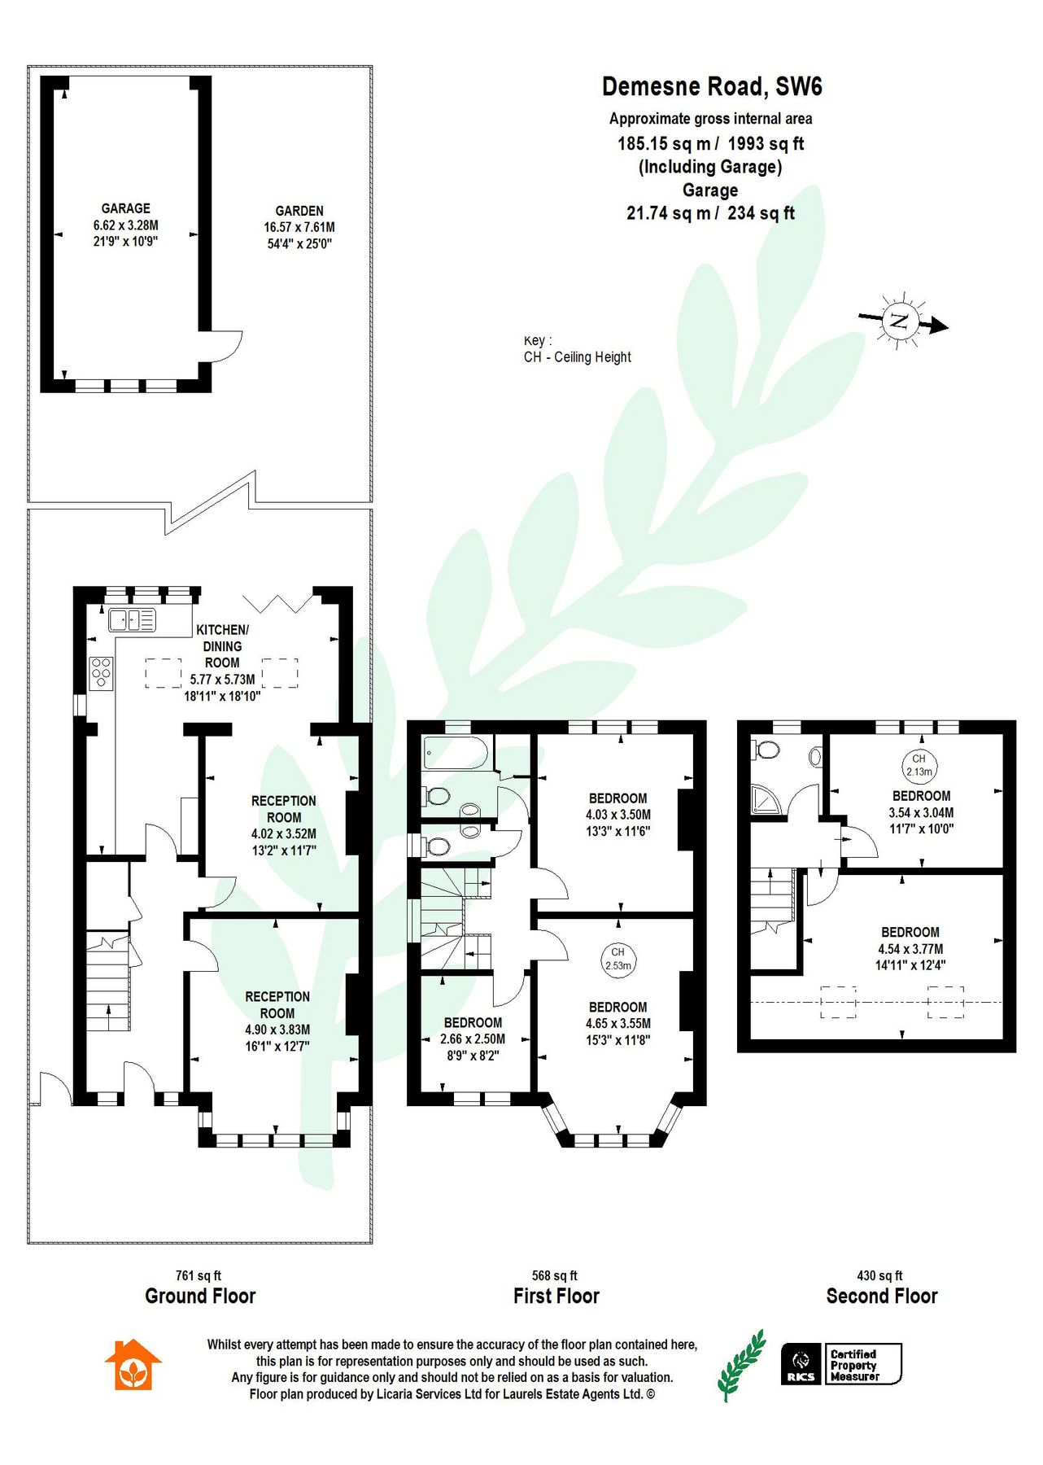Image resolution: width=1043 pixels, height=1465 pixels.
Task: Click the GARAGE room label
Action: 125,208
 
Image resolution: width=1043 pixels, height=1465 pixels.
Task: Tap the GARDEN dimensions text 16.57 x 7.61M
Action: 299,227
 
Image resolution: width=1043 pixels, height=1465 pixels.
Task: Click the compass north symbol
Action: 900,320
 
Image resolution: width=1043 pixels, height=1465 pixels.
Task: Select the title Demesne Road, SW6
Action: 711,86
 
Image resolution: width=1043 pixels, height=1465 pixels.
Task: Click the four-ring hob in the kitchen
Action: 101,673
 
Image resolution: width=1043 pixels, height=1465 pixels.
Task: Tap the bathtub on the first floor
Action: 455,753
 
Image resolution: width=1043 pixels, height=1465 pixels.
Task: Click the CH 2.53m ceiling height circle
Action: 618,959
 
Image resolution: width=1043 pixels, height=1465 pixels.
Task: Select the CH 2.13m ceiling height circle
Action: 919,765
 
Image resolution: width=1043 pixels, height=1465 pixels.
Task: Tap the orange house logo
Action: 133,1365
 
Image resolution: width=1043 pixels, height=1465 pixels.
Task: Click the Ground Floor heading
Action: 200,1296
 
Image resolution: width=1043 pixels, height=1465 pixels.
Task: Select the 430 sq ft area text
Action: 879,1275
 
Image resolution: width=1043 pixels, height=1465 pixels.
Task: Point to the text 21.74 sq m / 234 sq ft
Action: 709,213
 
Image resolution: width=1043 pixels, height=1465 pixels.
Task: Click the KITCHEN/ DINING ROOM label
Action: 222,646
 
